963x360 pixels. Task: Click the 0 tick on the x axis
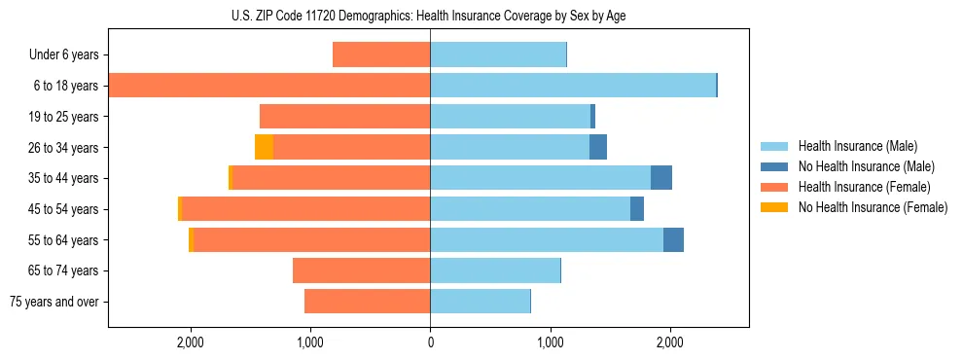430,342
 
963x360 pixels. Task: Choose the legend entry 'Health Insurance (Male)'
857,146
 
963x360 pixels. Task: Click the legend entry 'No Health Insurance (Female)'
873,207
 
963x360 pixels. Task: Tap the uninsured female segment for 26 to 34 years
264,147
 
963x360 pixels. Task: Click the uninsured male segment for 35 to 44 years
661,178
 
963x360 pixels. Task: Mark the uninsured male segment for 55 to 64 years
673,239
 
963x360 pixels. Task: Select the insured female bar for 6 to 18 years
269,86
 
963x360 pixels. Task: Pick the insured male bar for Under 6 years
498,54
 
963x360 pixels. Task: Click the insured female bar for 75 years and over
368,302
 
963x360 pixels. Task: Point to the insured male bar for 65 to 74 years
495,270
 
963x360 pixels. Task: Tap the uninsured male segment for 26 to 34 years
598,147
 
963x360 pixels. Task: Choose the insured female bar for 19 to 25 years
345,117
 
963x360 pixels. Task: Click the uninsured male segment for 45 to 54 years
637,209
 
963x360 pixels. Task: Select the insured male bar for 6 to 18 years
573,86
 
